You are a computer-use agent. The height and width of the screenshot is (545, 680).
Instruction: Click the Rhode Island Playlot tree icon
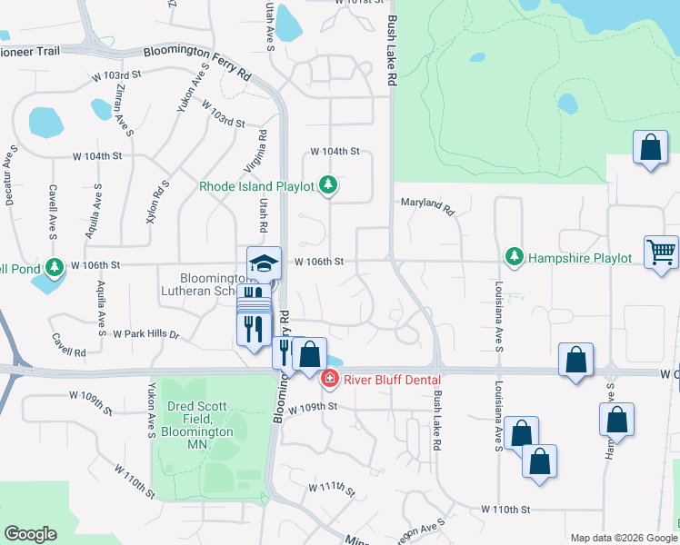(328, 186)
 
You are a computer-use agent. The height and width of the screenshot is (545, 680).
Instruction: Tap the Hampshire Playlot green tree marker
(515, 258)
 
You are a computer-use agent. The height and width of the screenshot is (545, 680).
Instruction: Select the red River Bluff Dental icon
(330, 379)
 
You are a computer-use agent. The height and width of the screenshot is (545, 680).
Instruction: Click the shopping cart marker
(661, 253)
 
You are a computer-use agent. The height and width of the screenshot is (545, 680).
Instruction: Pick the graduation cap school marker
(265, 264)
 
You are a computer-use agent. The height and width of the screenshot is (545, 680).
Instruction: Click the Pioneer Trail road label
(30, 51)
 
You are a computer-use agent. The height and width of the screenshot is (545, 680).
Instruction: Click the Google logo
(30, 534)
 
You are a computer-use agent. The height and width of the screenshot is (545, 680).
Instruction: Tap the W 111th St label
(331, 488)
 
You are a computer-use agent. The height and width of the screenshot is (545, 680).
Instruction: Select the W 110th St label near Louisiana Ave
(505, 509)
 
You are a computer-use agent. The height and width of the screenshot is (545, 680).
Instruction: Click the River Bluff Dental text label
(392, 380)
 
